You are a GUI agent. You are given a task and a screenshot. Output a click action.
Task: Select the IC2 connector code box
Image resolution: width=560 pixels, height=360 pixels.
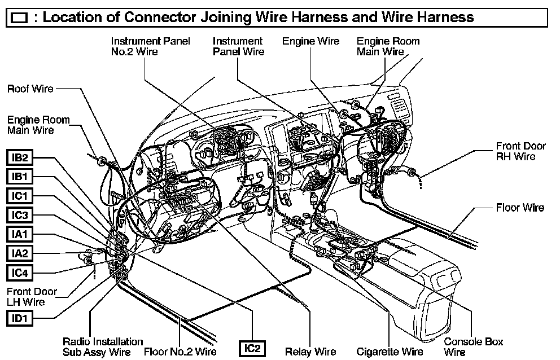251,348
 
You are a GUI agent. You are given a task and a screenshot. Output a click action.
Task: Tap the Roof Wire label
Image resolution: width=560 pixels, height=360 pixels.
30,89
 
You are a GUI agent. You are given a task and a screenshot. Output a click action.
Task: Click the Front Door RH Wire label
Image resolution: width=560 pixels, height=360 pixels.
521,151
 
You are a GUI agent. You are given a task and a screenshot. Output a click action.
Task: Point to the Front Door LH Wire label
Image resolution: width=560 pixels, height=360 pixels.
32,297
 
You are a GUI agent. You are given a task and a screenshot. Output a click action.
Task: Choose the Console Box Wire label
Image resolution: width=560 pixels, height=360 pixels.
473,346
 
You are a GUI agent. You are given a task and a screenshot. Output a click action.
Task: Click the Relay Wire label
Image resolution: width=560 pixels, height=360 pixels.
310,352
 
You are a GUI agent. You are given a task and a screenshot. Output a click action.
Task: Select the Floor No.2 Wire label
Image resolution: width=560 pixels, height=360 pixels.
180,352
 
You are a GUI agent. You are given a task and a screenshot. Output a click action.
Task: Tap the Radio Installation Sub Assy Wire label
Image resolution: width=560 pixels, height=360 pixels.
95,346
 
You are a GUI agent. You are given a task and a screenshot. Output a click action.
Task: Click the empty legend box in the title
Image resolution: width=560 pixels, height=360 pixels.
19,18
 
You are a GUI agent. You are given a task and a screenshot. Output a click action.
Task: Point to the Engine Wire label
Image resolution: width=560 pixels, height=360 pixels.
311,41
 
